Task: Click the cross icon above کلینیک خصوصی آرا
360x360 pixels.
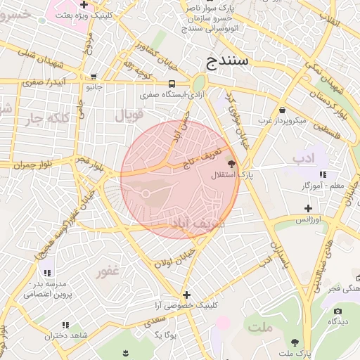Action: [x=186, y=295]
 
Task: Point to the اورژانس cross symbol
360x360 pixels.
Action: [x=308, y=208]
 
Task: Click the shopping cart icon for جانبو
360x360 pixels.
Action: [x=94, y=77]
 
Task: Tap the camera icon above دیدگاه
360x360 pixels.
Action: [x=338, y=311]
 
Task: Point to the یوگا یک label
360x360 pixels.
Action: [x=164, y=335]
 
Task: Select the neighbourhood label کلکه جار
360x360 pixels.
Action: [x=51, y=119]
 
